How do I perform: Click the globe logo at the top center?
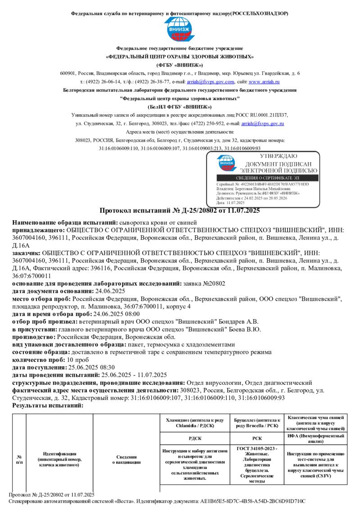180,30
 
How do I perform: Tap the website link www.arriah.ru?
264,82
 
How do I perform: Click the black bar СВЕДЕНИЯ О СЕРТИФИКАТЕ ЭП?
263,178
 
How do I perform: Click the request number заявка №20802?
205,283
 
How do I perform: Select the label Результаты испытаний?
48,406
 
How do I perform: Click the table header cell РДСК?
194,438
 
